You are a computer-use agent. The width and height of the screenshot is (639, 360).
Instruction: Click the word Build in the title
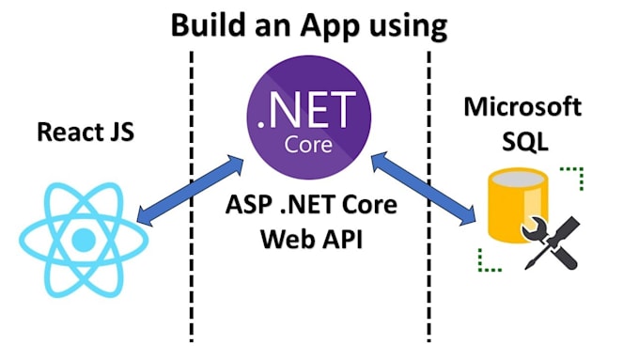pyautogui.click(x=209, y=25)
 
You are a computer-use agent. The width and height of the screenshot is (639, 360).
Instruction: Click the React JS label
pyautogui.click(x=86, y=132)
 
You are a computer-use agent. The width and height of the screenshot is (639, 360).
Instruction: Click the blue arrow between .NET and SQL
pyautogui.click(x=423, y=192)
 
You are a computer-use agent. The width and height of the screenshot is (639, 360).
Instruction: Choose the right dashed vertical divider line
pyautogui.click(x=429, y=282)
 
